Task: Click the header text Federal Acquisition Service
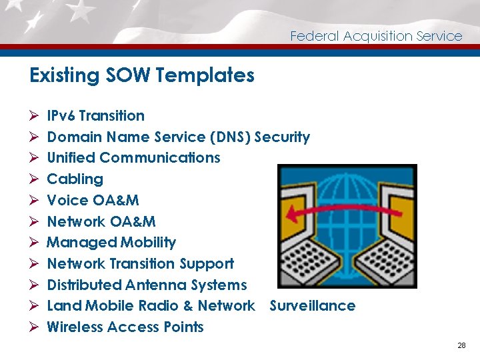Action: (x=376, y=36)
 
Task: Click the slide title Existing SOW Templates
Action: (x=142, y=75)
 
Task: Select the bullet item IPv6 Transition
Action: (x=95, y=116)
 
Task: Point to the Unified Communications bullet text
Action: (x=133, y=158)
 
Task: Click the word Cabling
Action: (x=75, y=179)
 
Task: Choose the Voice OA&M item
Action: (x=93, y=201)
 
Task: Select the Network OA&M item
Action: (x=101, y=221)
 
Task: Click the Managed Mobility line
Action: (x=111, y=243)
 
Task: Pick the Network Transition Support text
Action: (x=140, y=264)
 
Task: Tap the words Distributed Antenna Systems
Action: (x=147, y=285)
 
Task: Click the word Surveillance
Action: (x=312, y=306)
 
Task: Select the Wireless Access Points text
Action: (x=125, y=327)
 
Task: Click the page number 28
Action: (x=461, y=345)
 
